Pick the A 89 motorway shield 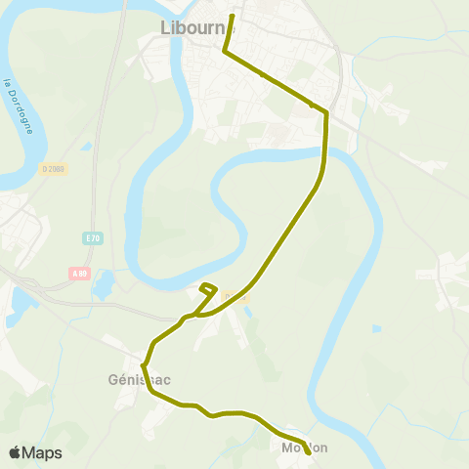[79, 273]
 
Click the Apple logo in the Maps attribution [15, 452]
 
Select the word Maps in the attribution [42, 452]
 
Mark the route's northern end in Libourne [233, 17]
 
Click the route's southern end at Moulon [309, 453]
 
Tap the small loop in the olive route [207, 288]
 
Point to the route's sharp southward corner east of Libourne [325, 112]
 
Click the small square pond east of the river [376, 329]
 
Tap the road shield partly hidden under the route [232, 296]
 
